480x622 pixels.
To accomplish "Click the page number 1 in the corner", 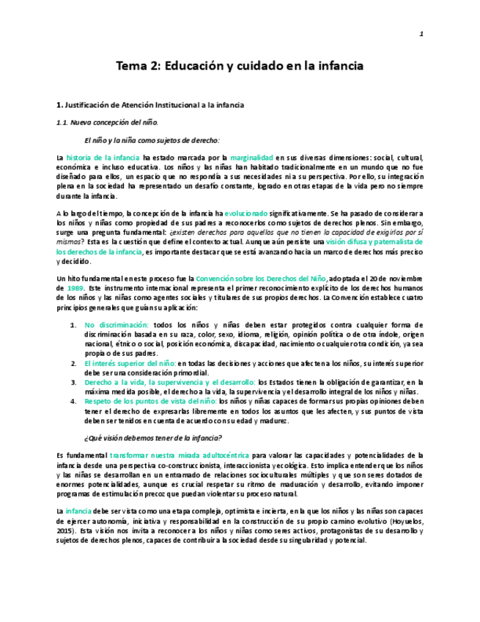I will [421, 34].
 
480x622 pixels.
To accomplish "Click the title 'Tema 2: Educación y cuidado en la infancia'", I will [240, 66].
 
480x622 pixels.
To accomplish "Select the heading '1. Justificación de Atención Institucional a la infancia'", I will [150, 106].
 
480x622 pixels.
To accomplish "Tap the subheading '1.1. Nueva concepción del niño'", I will [107, 122].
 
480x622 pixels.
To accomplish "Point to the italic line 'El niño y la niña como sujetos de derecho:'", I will [152, 139].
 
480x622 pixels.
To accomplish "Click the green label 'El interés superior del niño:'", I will [130, 363].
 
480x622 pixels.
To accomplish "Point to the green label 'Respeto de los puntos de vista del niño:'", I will [151, 401].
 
